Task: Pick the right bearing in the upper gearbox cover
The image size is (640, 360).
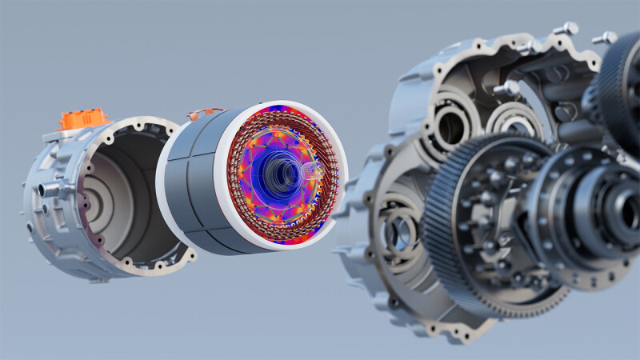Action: [512, 120]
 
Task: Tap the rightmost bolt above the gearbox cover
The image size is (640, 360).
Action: [605, 38]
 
